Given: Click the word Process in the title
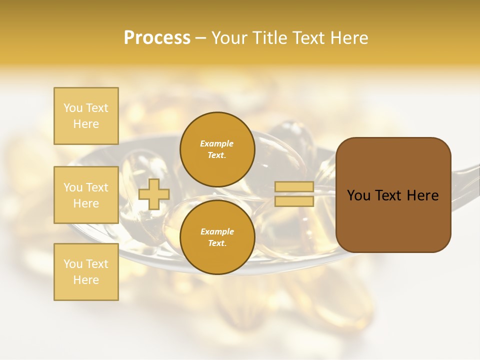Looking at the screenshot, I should pyautogui.click(x=157, y=38).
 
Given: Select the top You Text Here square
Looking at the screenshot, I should pyautogui.click(x=86, y=116).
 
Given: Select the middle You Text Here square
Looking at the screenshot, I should pyautogui.click(x=86, y=195).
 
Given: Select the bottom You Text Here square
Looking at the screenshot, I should pyautogui.click(x=86, y=272).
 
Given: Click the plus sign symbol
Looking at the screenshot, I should pyautogui.click(x=153, y=194).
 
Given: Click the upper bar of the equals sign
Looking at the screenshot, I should pyautogui.click(x=294, y=187).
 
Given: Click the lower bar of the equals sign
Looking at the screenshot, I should pyautogui.click(x=294, y=201).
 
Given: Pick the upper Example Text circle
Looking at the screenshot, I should pyautogui.click(x=217, y=149).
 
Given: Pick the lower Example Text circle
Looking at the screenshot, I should pyautogui.click(x=217, y=237).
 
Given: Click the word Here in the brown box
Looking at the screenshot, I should pyautogui.click(x=422, y=195).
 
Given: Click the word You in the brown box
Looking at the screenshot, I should pyautogui.click(x=358, y=195).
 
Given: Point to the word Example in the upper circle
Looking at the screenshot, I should pyautogui.click(x=217, y=143).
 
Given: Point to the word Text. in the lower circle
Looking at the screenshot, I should pyautogui.click(x=217, y=243).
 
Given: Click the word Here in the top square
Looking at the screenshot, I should pyautogui.click(x=86, y=124).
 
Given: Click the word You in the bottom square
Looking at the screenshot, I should pyautogui.click(x=72, y=264).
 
